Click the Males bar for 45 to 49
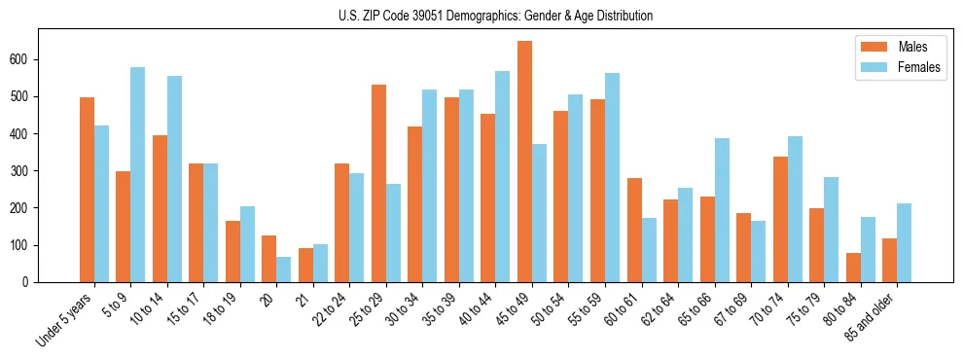tap(525, 162)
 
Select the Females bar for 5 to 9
tap(138, 174)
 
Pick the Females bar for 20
tap(284, 270)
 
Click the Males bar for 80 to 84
tap(853, 268)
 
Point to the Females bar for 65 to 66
tap(722, 210)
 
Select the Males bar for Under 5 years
tap(87, 190)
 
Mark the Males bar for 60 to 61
tap(634, 230)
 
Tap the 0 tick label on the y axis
tap(30, 282)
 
